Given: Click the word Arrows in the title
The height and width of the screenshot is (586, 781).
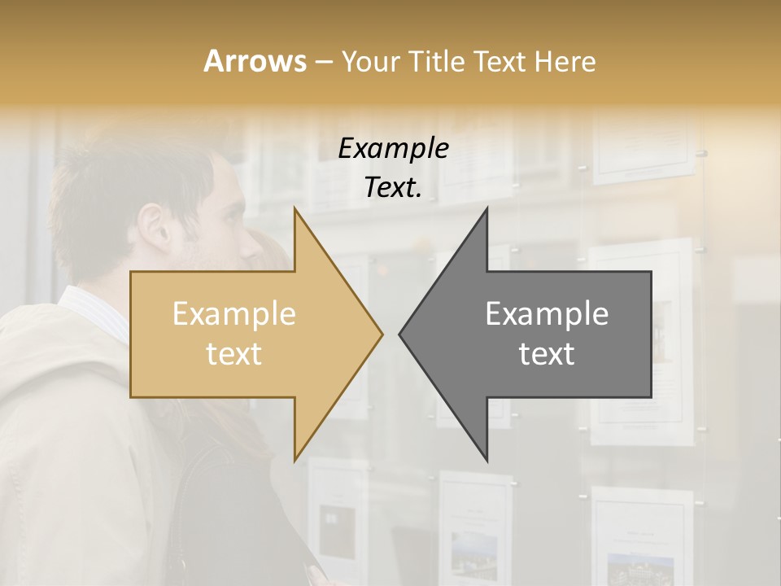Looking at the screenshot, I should pos(255,61).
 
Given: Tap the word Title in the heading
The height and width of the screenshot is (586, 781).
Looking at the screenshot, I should pos(438,61).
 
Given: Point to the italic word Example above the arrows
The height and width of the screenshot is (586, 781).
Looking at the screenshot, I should pos(393,149).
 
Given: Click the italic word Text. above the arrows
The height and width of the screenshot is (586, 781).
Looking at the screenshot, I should pos(393,188).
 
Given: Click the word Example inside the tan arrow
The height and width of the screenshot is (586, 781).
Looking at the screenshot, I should pos(234,314).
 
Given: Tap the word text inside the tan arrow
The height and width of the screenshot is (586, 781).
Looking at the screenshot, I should pos(234,354).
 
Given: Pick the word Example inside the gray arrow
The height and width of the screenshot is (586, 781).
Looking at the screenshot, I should pos(547,314).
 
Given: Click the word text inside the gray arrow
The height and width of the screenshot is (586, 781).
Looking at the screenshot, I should pos(547,354).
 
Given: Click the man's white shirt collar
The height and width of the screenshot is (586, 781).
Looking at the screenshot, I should pos(94,309).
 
